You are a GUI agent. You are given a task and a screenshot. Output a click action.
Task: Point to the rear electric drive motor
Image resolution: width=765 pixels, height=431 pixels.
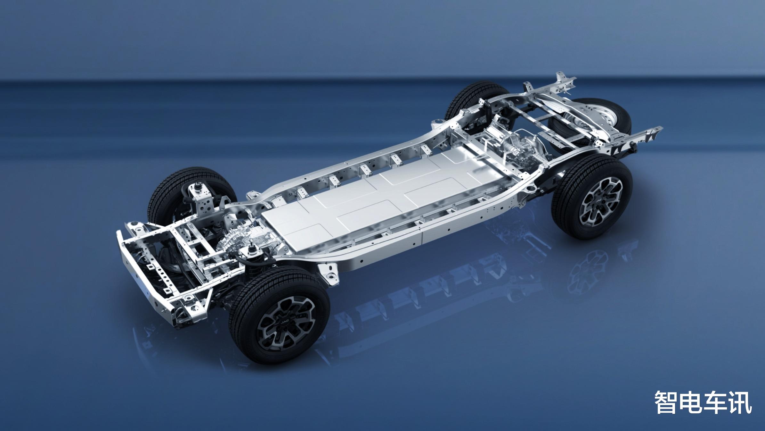click(519, 151)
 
